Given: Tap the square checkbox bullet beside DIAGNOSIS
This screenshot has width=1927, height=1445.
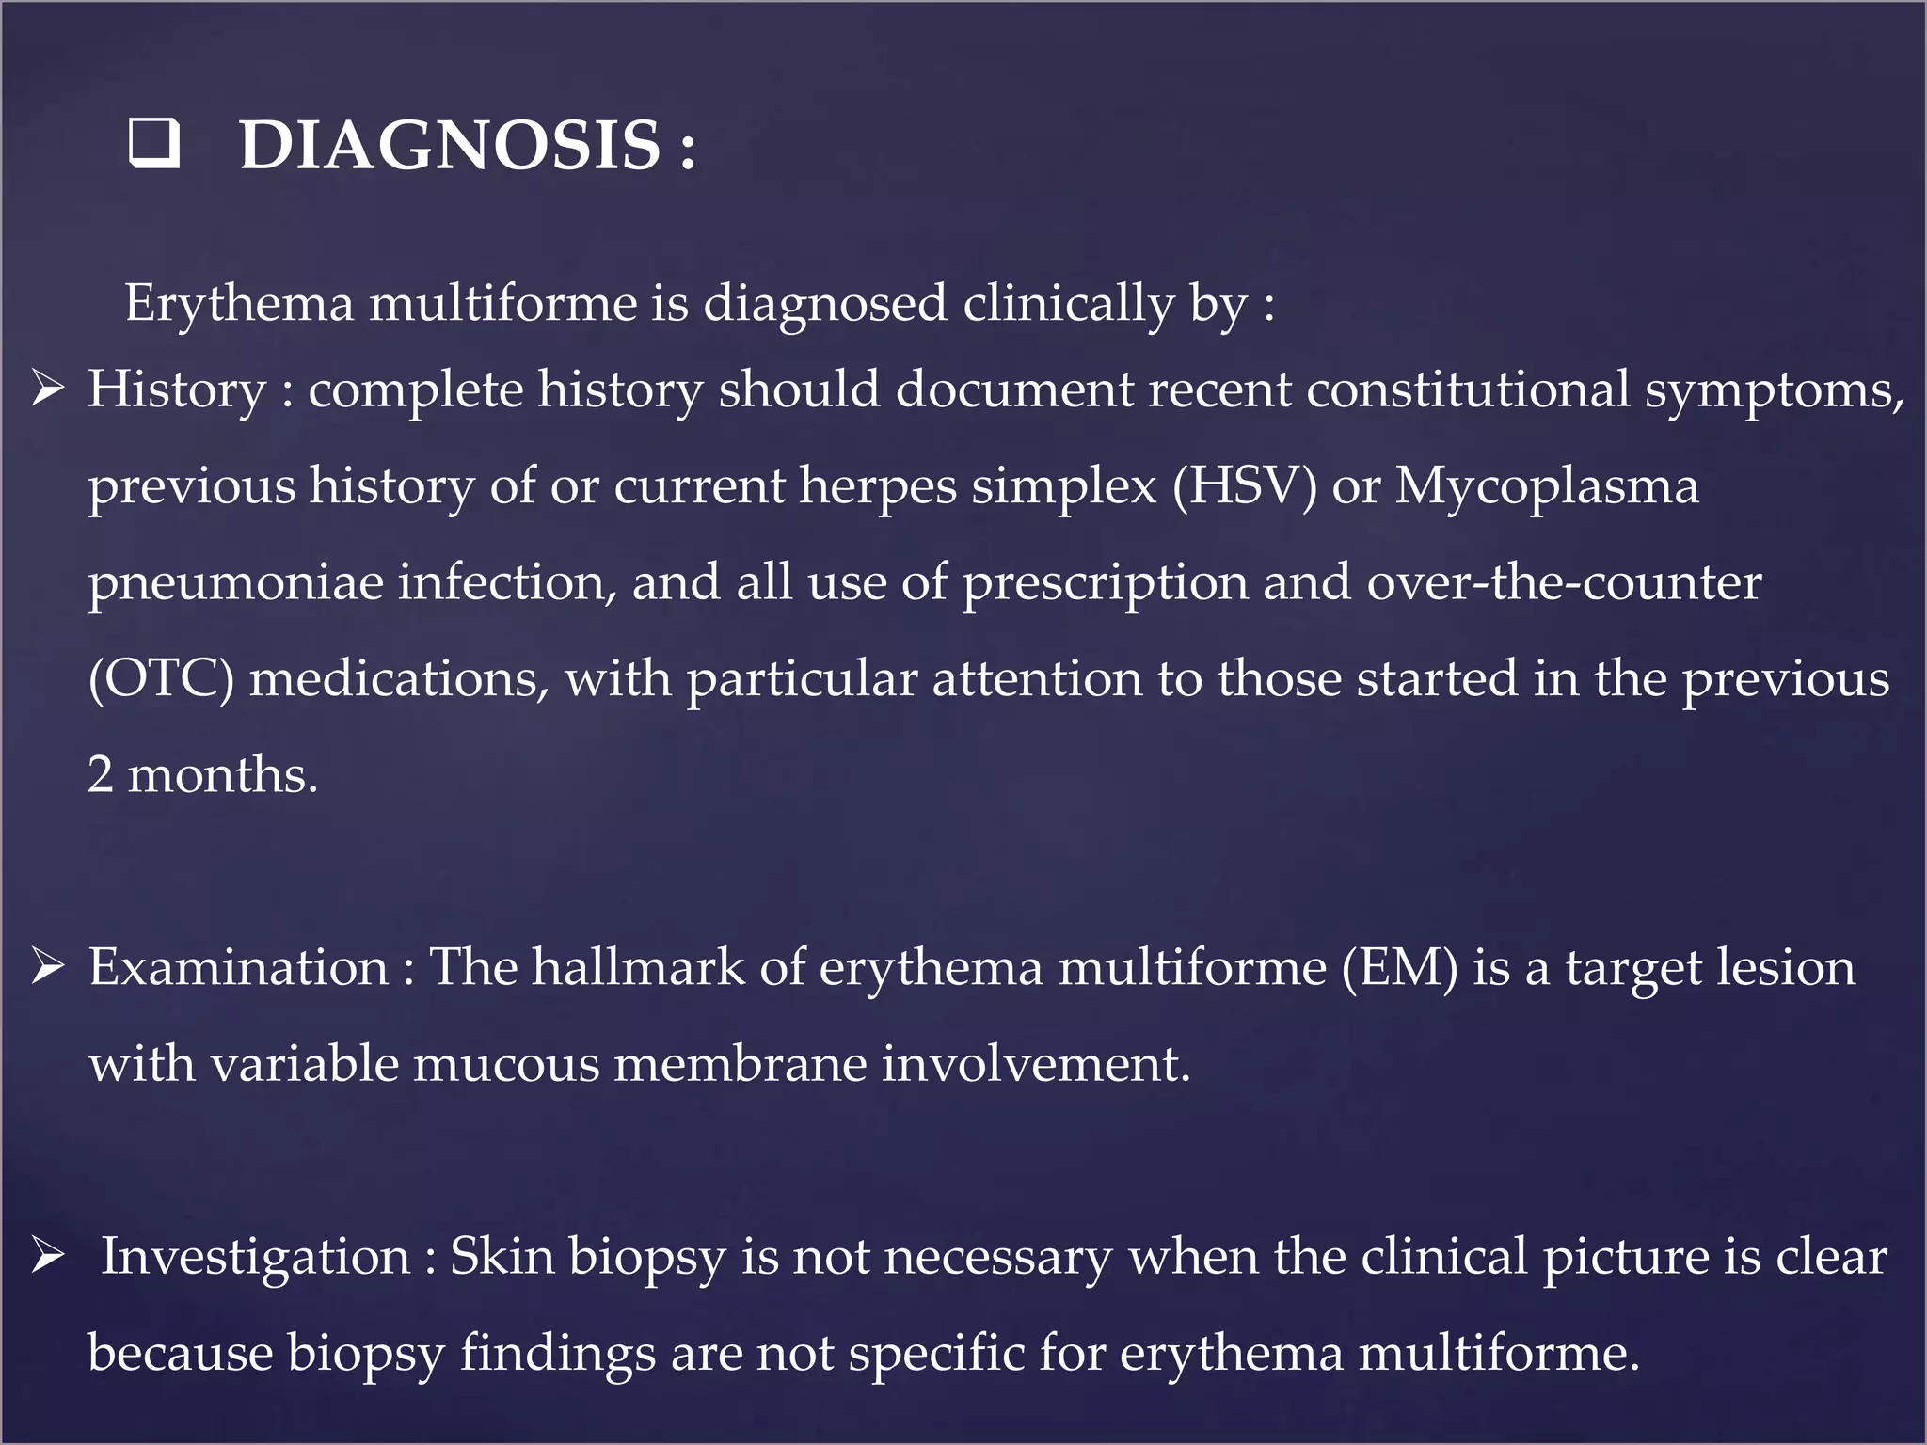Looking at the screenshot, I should click(x=153, y=145).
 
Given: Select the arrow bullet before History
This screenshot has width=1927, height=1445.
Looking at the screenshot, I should click(x=47, y=389).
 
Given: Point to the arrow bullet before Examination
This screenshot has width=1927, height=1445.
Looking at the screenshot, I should click(x=47, y=966).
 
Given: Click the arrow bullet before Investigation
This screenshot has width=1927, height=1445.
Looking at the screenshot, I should click(x=47, y=1256).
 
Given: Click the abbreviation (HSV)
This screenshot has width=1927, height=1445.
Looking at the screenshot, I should click(x=1244, y=485).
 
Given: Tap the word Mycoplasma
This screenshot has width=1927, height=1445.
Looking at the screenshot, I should click(x=1547, y=485).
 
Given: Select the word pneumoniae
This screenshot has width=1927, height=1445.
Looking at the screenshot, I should click(x=235, y=582).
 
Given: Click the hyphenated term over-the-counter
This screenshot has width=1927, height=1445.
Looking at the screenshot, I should click(x=1564, y=582).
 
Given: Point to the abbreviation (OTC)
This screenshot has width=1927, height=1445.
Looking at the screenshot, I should click(x=161, y=678).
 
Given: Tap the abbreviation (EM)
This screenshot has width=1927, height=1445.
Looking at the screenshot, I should click(x=1399, y=967).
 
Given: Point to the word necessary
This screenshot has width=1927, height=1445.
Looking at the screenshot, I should click(x=998, y=1257).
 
